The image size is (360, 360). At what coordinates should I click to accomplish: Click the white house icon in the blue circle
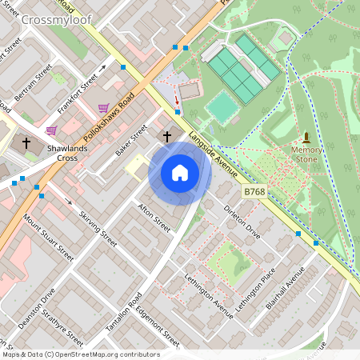179,173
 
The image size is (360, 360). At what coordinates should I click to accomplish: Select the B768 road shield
254,191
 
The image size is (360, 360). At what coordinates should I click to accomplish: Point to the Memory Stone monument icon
306,138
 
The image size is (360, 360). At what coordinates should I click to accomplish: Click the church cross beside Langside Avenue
167,137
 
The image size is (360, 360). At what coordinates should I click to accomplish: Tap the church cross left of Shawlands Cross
26,143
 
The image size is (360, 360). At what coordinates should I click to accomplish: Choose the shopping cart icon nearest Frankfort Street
103,107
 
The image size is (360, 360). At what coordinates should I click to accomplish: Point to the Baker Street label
132,139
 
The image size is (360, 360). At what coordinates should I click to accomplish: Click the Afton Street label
154,217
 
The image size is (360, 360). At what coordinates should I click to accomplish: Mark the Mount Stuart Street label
48,238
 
